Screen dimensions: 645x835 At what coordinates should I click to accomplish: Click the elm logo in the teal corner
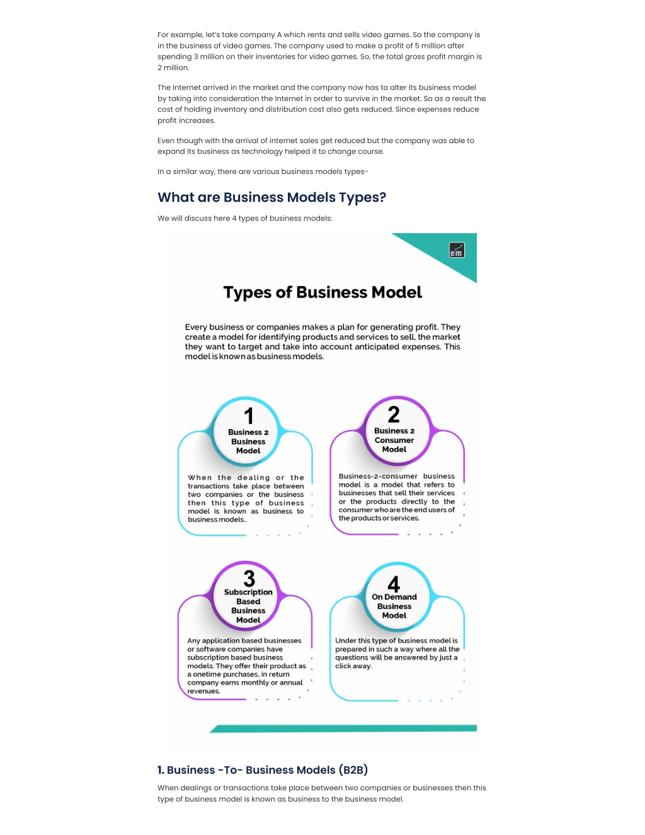point(457,250)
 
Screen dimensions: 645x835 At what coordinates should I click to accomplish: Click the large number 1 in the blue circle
point(249,416)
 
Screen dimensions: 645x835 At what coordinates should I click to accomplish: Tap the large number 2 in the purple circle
point(394,414)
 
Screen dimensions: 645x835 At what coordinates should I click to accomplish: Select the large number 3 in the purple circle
point(249,579)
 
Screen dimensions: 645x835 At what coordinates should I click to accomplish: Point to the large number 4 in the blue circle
point(394,584)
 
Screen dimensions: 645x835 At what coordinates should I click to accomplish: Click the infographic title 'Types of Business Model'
point(322,292)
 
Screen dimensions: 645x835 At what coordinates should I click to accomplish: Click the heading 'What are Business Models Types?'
point(272,197)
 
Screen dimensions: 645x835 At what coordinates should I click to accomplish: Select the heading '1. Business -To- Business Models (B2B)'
point(263,769)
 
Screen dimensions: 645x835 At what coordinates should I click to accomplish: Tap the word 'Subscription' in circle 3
point(248,592)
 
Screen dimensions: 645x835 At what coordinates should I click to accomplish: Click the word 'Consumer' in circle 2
point(394,440)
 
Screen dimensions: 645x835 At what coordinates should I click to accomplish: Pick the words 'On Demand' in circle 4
point(394,597)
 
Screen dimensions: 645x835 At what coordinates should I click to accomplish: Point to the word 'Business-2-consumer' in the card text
point(378,476)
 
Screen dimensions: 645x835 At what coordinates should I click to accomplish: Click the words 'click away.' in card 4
point(353,666)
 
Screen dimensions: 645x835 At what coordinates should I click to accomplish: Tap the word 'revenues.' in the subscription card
point(203,691)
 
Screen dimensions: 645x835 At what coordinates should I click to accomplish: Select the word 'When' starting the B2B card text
point(200,478)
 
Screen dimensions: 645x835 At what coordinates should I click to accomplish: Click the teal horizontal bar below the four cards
point(343,728)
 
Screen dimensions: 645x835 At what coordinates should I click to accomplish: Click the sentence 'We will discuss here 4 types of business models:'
point(244,218)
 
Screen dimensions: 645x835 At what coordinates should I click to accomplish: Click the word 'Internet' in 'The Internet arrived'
point(186,88)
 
